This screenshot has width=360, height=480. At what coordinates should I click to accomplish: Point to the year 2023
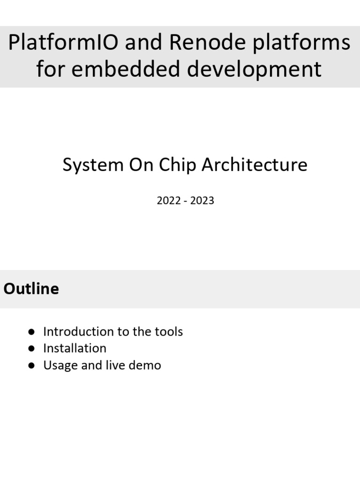pyautogui.click(x=202, y=201)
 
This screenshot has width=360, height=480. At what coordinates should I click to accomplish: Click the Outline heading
pyautogui.click(x=31, y=289)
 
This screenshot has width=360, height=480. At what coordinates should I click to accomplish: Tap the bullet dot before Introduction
pyautogui.click(x=31, y=332)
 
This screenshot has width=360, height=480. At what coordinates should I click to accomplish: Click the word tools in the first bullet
pyautogui.click(x=168, y=332)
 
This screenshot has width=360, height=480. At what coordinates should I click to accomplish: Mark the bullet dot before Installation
pyautogui.click(x=31, y=348)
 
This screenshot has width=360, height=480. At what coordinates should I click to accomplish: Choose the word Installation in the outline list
pyautogui.click(x=75, y=348)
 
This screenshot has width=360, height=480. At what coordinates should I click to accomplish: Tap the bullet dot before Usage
pyautogui.click(x=31, y=366)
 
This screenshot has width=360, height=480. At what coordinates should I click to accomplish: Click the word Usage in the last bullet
pyautogui.click(x=60, y=366)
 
